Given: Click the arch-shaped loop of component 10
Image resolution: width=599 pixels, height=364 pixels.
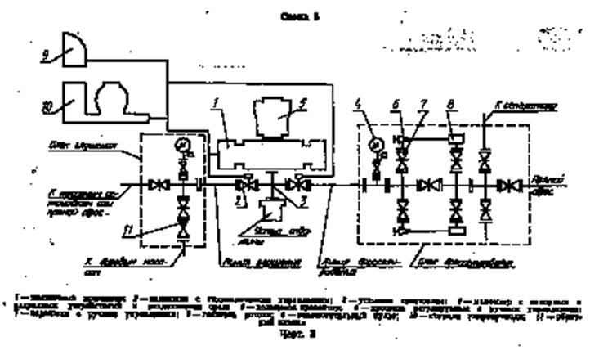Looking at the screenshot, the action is click(107, 100).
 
